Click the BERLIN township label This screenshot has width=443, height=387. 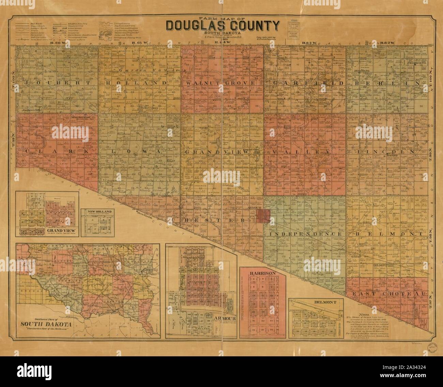pyautogui.click(x=384, y=83)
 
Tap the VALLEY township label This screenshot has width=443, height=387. pyautogui.click(x=304, y=152)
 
